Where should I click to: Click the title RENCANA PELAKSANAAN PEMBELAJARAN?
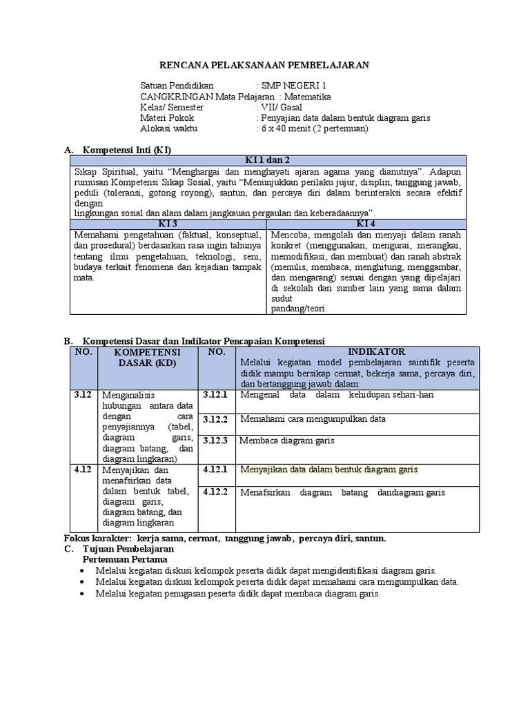[265, 65]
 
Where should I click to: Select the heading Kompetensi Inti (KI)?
[127, 151]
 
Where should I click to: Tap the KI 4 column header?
[365, 224]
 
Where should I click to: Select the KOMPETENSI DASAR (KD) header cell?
[147, 357]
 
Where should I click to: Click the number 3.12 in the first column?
[83, 394]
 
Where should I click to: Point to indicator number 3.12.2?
[215, 418]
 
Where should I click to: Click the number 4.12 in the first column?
[83, 469]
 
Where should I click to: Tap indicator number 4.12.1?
[215, 469]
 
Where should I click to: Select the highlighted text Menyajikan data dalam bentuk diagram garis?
[328, 469]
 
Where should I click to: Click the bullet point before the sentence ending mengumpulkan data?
[84, 582]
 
